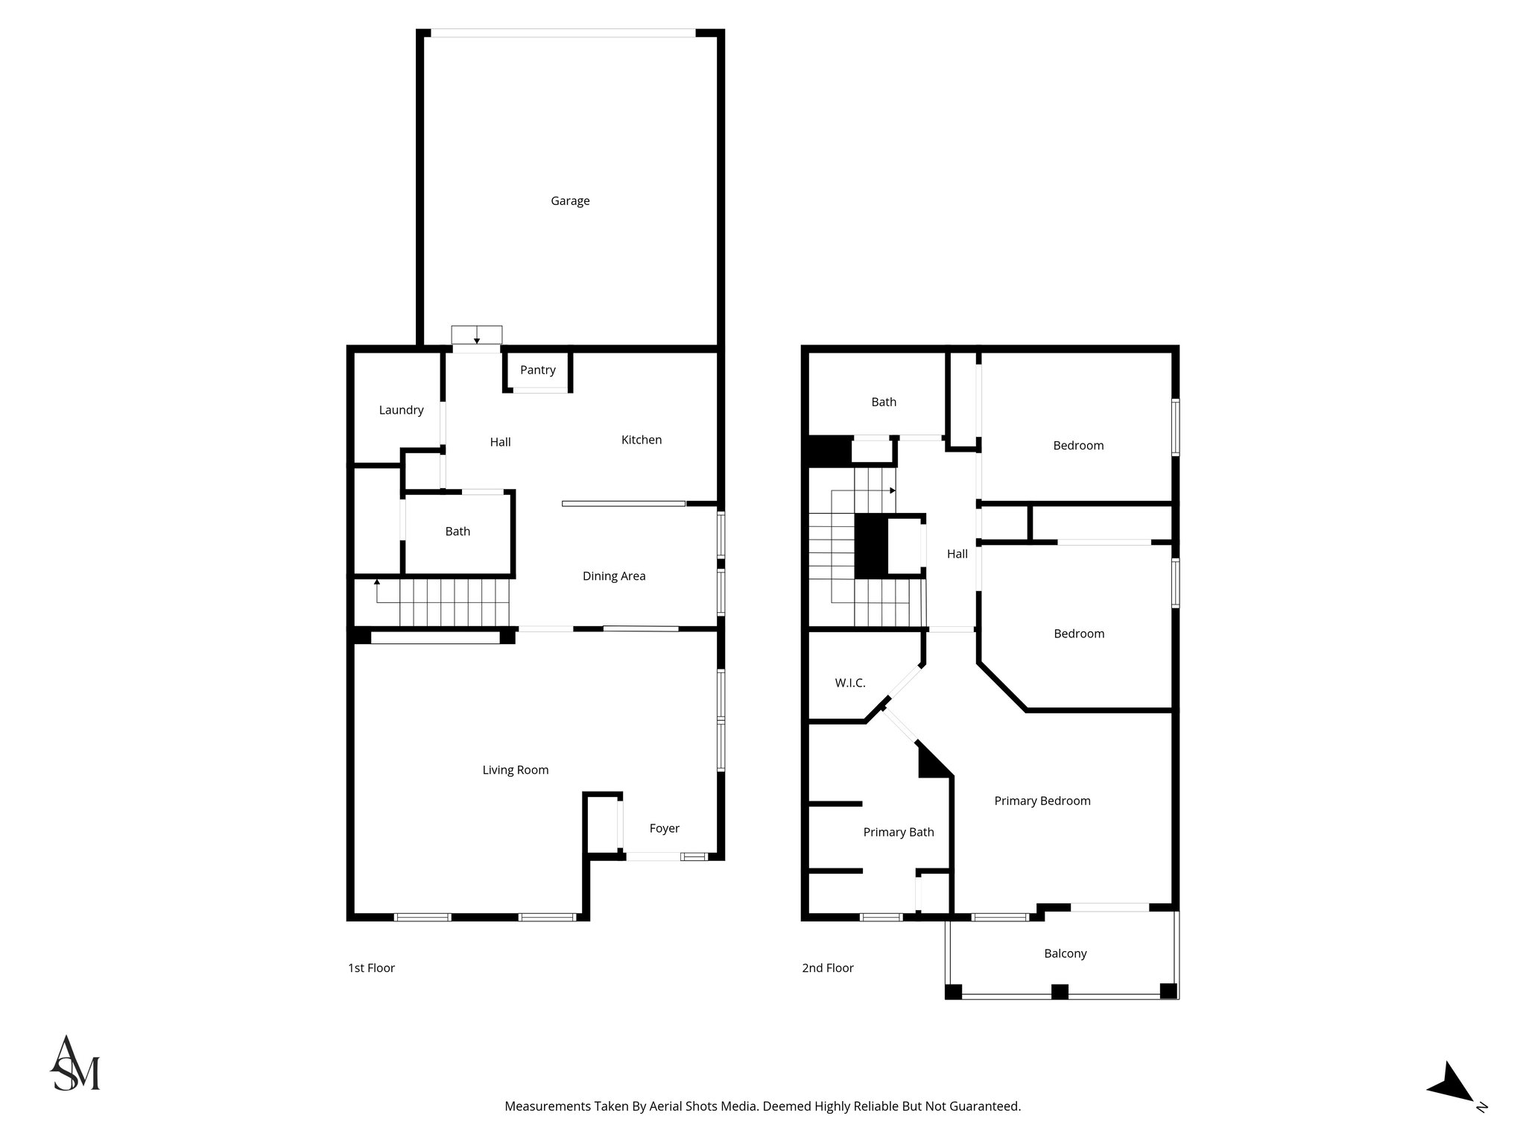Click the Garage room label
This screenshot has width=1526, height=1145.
[570, 201]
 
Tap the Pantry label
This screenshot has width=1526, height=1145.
[537, 370]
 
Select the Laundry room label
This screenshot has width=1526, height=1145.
[401, 410]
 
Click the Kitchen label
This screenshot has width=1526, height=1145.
[641, 440]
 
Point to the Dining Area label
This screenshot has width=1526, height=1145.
[613, 575]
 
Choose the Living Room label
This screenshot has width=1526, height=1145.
[515, 770]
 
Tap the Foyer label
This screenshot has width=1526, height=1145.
[664, 828]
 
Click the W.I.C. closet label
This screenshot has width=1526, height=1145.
[849, 683]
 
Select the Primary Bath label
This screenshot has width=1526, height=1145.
[898, 832]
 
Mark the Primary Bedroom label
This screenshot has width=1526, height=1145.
[1042, 801]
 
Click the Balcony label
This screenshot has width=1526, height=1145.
[1065, 953]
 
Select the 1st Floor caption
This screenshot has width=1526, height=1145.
[371, 968]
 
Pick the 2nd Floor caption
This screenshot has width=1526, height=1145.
[827, 968]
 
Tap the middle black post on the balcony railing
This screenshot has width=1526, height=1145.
[1059, 991]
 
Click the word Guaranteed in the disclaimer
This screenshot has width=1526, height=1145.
[983, 1106]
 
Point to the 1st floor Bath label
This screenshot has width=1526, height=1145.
[458, 532]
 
